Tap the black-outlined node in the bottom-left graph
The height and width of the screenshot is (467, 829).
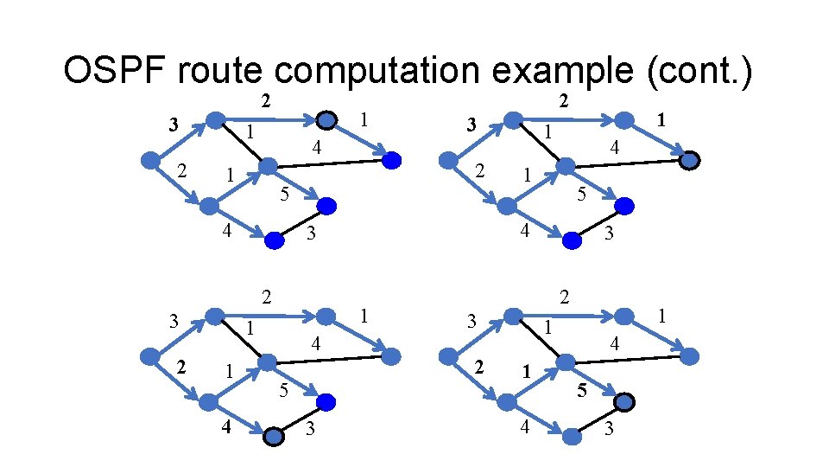(x=274, y=438)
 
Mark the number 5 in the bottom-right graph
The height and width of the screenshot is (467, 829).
(x=582, y=390)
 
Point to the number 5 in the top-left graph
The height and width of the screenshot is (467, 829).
(x=284, y=194)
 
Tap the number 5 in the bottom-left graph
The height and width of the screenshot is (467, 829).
(x=284, y=390)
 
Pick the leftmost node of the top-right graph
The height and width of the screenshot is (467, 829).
(x=448, y=160)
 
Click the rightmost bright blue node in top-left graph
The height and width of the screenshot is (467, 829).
(x=391, y=160)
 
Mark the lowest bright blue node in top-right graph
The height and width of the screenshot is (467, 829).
(x=572, y=241)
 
